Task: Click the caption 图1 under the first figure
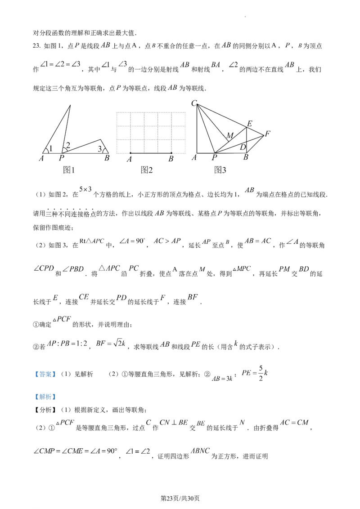click(69, 170)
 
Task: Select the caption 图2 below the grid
click(147, 170)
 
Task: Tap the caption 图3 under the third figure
click(220, 170)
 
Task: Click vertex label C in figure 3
click(194, 103)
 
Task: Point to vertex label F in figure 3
click(267, 134)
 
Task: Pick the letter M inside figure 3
click(230, 135)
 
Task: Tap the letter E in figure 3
click(250, 123)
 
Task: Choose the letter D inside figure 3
click(243, 147)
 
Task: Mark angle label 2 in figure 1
click(68, 145)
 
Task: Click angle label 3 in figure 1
click(100, 149)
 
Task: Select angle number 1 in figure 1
click(50, 149)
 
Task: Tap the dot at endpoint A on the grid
click(130, 153)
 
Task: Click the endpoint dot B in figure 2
click(171, 153)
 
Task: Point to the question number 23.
click(37, 46)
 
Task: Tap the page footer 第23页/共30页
click(180, 498)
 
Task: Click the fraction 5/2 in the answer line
click(261, 373)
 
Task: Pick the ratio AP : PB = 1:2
click(67, 343)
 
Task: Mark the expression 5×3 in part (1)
click(85, 189)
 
